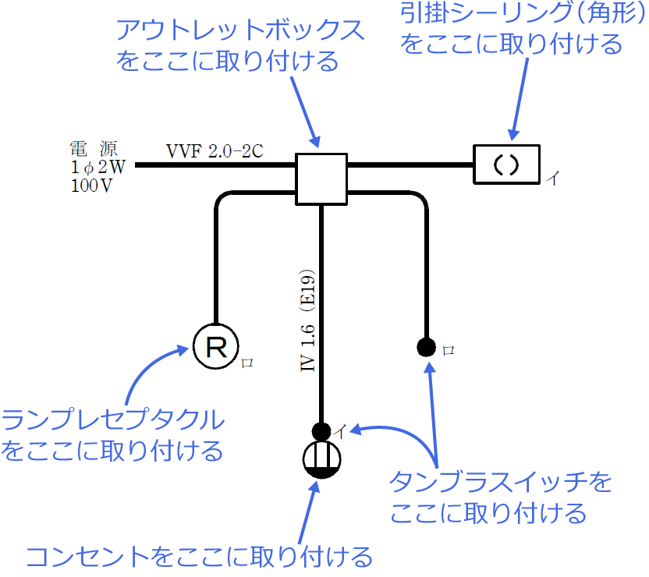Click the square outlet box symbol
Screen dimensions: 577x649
coord(321,179)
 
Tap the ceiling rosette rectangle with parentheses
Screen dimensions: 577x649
coord(507,165)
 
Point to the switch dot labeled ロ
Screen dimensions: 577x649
coord(426,346)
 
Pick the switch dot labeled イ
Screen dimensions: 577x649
coord(320,430)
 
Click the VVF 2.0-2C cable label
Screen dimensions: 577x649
coord(213,150)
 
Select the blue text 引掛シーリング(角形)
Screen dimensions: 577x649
coord(512,15)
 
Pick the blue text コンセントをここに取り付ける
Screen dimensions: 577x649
coord(200,557)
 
